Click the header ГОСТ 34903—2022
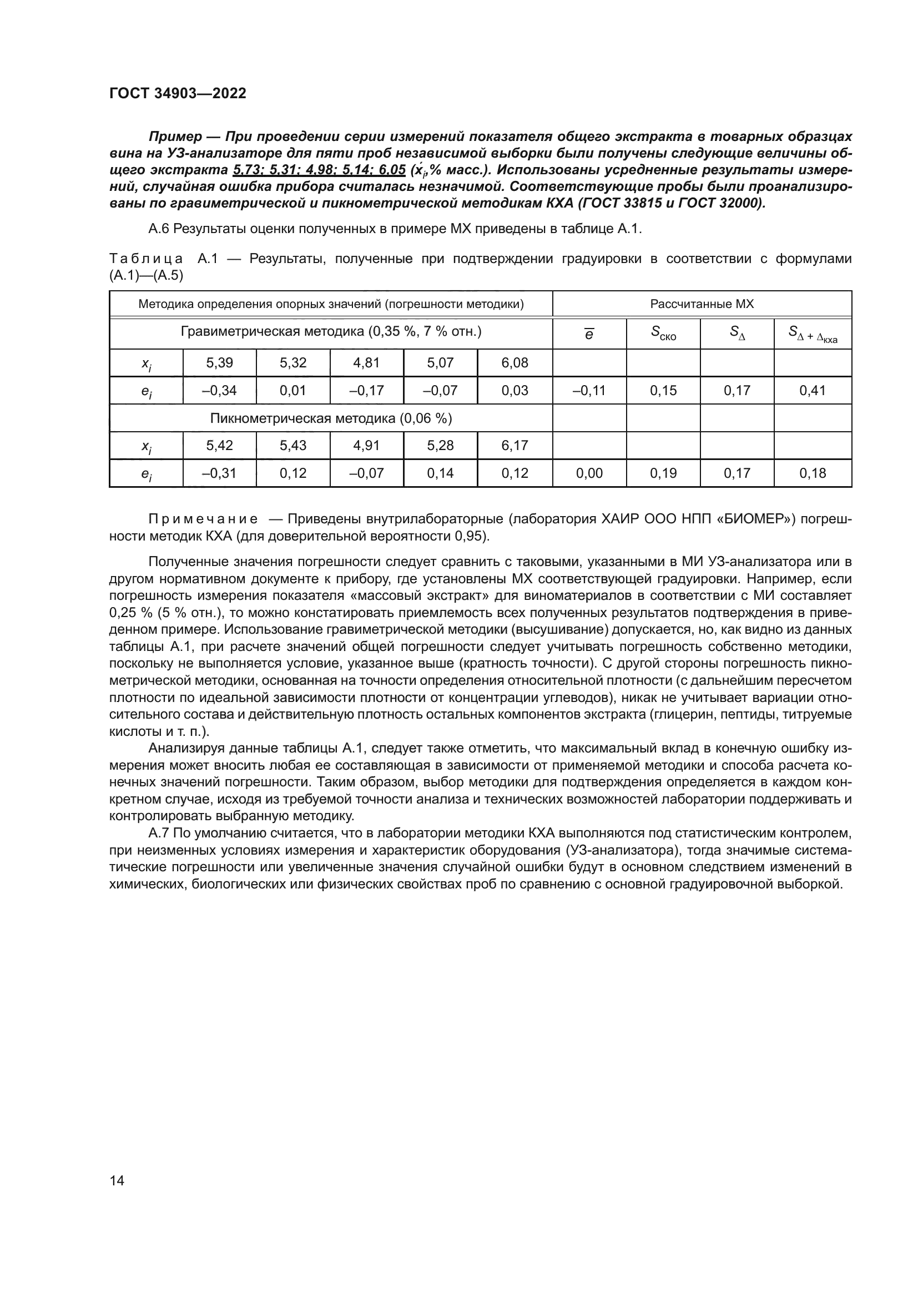coord(178,93)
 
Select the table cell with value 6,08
coord(515,363)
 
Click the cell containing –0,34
coord(219,390)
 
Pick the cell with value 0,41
coord(813,390)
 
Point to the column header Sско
coord(663,333)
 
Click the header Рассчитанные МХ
coord(702,304)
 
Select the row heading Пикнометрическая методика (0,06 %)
coord(331,418)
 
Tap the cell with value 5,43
coord(293,446)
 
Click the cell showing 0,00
coord(589,473)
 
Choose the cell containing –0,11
coord(589,390)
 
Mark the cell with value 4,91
coord(366,446)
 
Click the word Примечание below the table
coord(203,519)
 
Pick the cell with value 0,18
coord(813,473)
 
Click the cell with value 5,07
coord(440,363)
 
